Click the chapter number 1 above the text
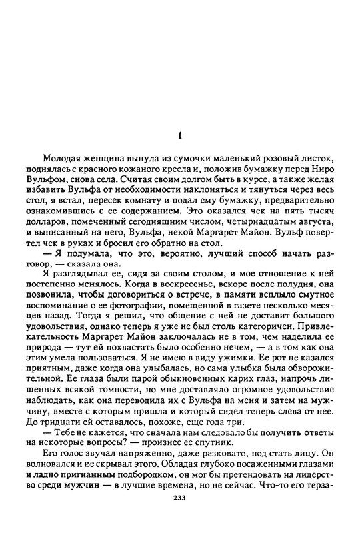click(179, 136)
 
